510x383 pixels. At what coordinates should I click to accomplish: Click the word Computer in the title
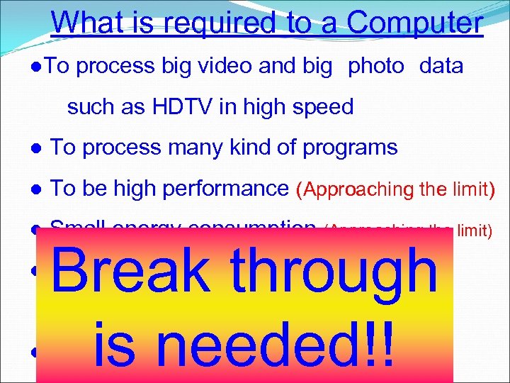(415, 23)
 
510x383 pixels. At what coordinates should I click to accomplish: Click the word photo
(375, 67)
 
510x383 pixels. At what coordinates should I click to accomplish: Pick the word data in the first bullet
(441, 67)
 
